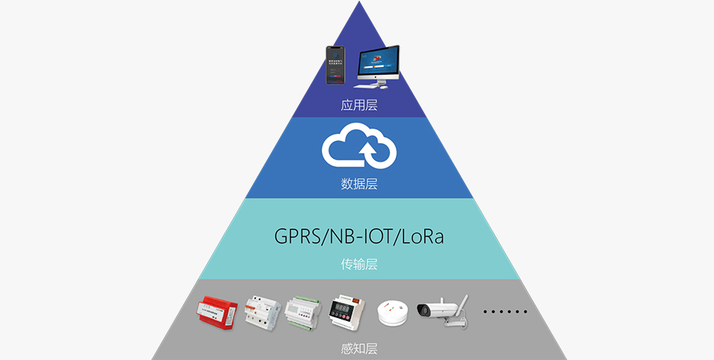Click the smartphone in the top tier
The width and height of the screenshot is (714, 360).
(x=335, y=65)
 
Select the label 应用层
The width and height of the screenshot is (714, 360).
(x=359, y=106)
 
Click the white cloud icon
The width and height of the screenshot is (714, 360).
(x=359, y=145)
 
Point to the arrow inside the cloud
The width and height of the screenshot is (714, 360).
(x=368, y=153)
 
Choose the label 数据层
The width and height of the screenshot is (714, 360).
(x=359, y=184)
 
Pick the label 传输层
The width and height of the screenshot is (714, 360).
(x=359, y=264)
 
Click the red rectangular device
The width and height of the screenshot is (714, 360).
(x=217, y=312)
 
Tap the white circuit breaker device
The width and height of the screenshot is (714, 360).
(x=263, y=312)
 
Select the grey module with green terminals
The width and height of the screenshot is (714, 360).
(x=303, y=312)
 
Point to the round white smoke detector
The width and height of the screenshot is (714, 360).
(x=393, y=313)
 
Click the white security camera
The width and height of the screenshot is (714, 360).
(x=442, y=311)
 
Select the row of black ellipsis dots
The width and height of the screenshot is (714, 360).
(x=505, y=312)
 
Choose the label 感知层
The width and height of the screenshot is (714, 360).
(x=359, y=349)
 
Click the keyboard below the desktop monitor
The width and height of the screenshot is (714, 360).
(x=367, y=86)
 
